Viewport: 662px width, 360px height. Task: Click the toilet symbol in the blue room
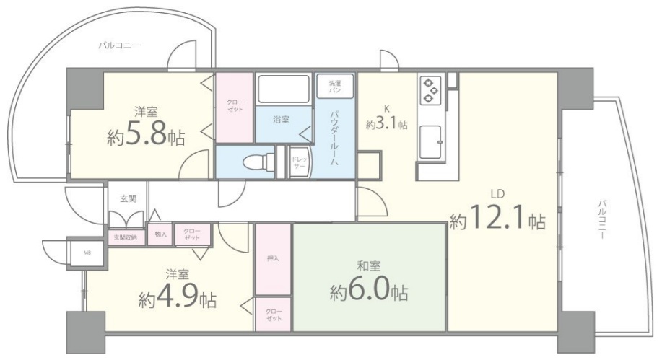pyautogui.click(x=258, y=162)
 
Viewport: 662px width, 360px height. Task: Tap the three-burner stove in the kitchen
pyautogui.click(x=430, y=89)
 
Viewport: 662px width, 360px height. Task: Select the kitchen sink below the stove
pyautogui.click(x=431, y=142)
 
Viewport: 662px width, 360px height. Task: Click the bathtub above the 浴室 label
pyautogui.click(x=284, y=89)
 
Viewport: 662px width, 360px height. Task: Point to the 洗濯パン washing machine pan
pyautogui.click(x=335, y=87)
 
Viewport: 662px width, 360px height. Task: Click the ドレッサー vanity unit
pyautogui.click(x=300, y=162)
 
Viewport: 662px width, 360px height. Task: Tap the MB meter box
pyautogui.click(x=87, y=253)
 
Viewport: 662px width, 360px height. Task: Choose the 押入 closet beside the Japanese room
pyautogui.click(x=273, y=259)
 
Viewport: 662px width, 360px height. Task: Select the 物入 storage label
pyautogui.click(x=160, y=234)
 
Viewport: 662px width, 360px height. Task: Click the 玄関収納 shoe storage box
pyautogui.click(x=126, y=237)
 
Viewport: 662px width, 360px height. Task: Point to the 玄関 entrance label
pyautogui.click(x=128, y=198)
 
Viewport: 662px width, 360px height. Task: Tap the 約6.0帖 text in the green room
pyautogui.click(x=369, y=290)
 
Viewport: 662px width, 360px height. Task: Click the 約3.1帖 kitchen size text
pyautogui.click(x=387, y=124)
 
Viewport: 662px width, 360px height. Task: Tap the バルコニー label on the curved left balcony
pyautogui.click(x=118, y=45)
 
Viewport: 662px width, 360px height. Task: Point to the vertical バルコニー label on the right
pyautogui.click(x=602, y=220)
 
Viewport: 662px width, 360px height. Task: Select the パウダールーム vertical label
pyautogui.click(x=334, y=138)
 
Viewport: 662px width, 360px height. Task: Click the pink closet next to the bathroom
pyautogui.click(x=235, y=108)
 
